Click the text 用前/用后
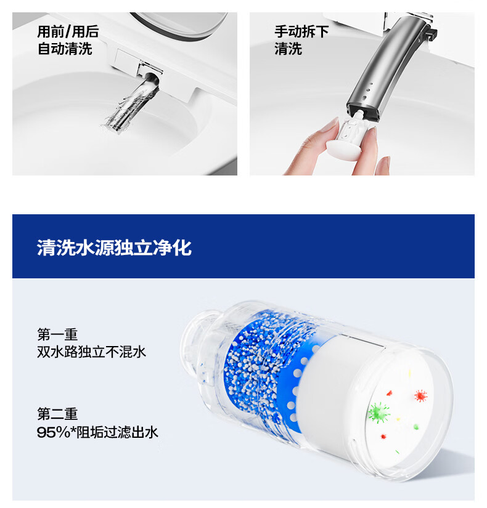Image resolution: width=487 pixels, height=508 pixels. click(x=68, y=32)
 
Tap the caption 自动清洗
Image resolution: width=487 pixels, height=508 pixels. click(x=65, y=49)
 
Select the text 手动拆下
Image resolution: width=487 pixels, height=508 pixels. click(x=301, y=32)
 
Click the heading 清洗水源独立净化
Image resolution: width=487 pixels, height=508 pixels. click(x=114, y=248)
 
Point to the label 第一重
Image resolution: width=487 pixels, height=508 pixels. click(x=57, y=334)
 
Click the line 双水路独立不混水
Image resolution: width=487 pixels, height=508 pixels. click(x=91, y=352)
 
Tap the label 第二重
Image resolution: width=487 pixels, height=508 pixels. click(x=57, y=414)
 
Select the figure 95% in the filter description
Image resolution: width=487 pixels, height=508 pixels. click(x=53, y=432)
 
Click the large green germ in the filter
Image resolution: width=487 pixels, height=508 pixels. click(x=379, y=413)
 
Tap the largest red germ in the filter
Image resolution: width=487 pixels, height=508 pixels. click(x=421, y=396)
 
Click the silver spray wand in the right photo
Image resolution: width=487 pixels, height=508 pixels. click(x=383, y=65)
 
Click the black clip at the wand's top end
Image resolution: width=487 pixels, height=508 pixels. click(x=431, y=33)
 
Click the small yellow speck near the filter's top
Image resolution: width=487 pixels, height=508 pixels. click(x=409, y=374)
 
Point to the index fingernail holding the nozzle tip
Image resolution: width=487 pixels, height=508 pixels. click(x=330, y=125)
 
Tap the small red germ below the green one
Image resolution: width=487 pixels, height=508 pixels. click(x=383, y=437)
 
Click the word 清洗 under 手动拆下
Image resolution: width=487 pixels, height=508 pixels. click(x=288, y=49)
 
